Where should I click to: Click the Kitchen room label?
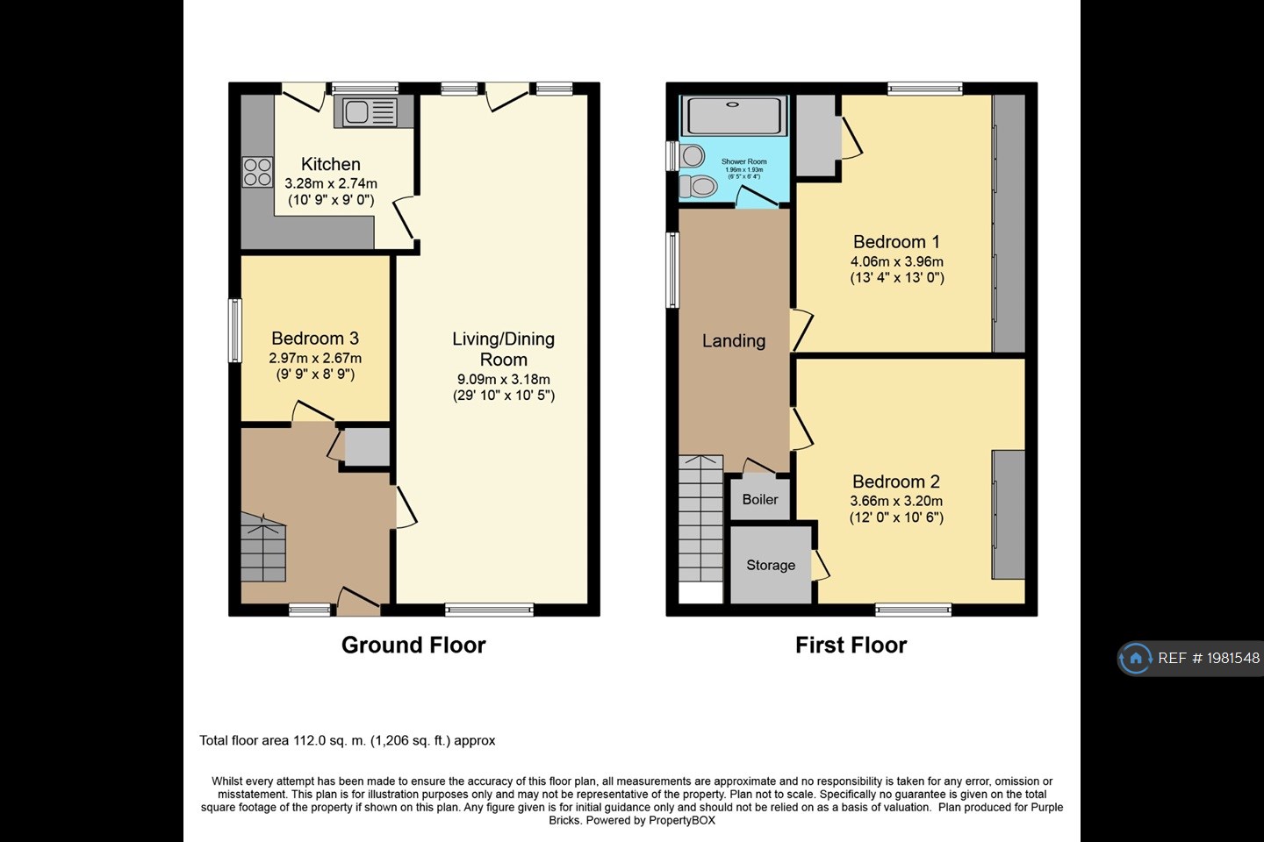[330, 164]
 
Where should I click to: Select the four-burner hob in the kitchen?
[257, 172]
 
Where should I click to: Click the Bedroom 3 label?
[314, 339]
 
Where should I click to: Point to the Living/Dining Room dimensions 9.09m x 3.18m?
[503, 379]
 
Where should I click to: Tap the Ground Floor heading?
[413, 646]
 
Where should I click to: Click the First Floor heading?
[850, 646]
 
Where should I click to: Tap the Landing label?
[733, 341]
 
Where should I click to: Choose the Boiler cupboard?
[759, 499]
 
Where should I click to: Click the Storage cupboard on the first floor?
[770, 566]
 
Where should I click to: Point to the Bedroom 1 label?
[895, 242]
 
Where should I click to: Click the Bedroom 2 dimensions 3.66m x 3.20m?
[895, 501]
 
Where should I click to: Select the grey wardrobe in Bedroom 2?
[1009, 515]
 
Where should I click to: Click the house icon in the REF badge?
[1136, 658]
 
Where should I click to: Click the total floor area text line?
[347, 740]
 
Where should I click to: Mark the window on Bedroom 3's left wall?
[235, 330]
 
